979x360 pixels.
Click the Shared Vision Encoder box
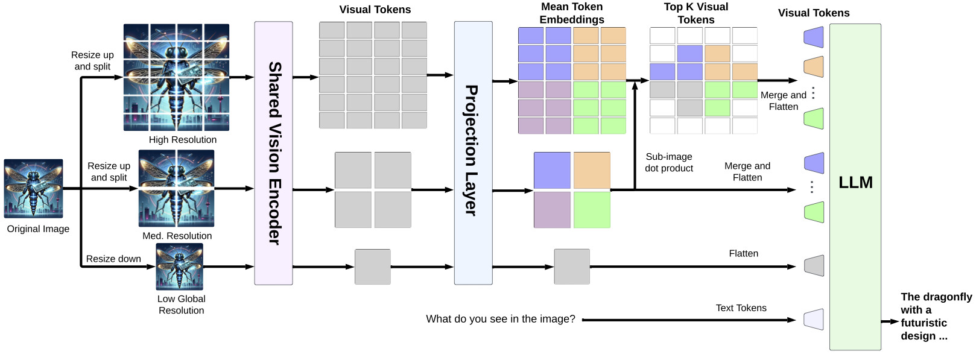point(274,153)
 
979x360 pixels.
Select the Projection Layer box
point(474,153)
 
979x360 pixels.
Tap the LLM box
point(855,187)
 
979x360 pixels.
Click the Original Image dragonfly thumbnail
point(34,188)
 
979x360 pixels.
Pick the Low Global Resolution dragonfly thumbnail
point(180,267)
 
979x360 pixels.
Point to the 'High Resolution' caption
point(183,140)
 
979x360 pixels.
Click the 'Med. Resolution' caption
point(177,236)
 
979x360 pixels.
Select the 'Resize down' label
point(113,259)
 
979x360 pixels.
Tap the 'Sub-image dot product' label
point(669,163)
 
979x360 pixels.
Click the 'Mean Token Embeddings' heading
point(572,13)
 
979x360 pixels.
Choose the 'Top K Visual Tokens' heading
point(696,13)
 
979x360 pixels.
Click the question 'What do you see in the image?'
point(501,319)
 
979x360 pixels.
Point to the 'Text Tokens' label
point(741,308)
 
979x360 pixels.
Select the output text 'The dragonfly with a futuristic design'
point(936,317)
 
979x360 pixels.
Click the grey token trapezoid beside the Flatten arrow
point(814,266)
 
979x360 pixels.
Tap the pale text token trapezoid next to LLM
point(814,320)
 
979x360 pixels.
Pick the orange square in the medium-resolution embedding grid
point(592,171)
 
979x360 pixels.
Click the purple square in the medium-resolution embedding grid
point(552,210)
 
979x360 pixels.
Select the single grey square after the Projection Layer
point(572,267)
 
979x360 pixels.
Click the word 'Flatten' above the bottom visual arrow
point(743,253)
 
